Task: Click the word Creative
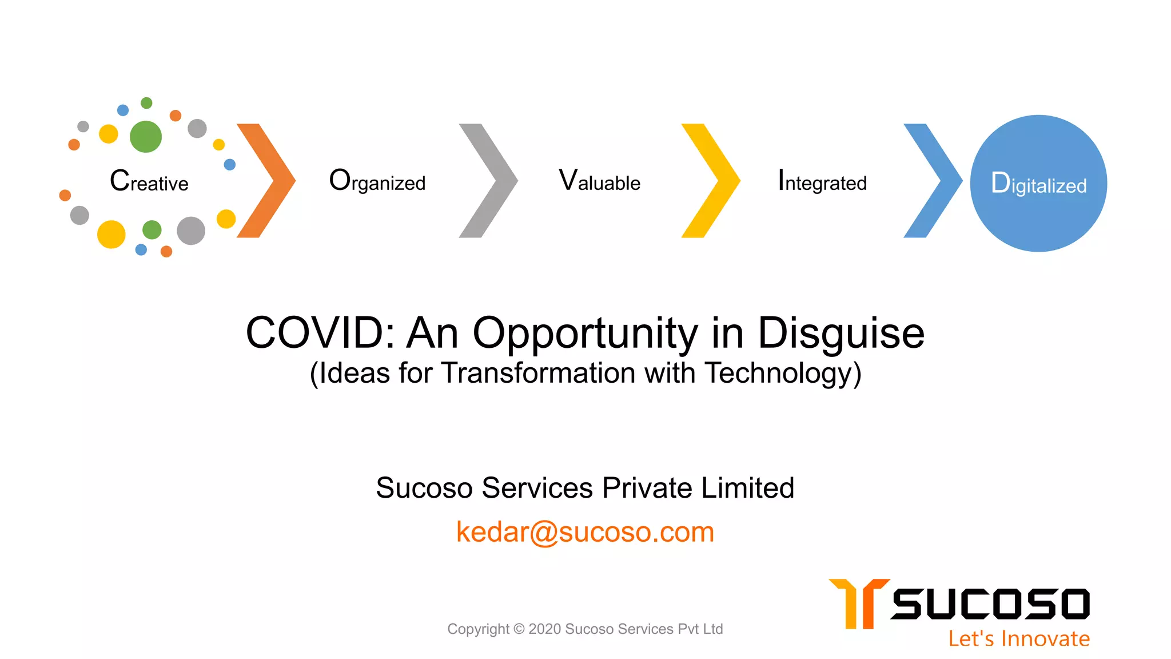[x=149, y=181]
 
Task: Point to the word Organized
[x=377, y=181]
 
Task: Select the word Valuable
[x=599, y=181]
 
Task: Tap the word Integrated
[x=822, y=181]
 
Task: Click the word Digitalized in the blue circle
[x=1038, y=184]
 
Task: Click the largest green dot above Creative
[x=146, y=137]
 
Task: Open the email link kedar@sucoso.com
[x=585, y=532]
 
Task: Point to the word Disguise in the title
[x=841, y=333]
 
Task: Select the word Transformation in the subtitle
[x=539, y=374]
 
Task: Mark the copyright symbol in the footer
[x=519, y=629]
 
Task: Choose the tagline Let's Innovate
[x=1019, y=638]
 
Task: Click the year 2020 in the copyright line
[x=544, y=629]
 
